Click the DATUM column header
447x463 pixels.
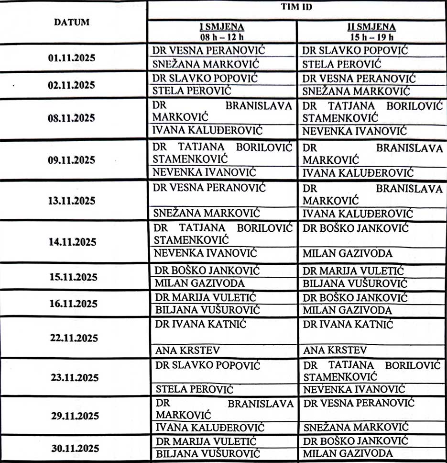[72, 22]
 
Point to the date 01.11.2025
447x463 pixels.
[72, 58]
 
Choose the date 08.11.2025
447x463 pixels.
[72, 118]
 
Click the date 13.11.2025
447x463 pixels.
[72, 200]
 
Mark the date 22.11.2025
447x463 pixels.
[72, 338]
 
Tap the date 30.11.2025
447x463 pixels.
[72, 448]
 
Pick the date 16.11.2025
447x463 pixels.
[72, 303]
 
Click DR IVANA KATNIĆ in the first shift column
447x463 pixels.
[200, 325]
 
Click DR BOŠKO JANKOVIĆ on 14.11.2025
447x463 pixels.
[356, 228]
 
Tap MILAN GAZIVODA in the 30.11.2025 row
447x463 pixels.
[348, 453]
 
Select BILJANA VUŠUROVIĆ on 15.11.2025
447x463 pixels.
[354, 283]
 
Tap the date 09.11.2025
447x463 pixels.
[72, 159]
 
